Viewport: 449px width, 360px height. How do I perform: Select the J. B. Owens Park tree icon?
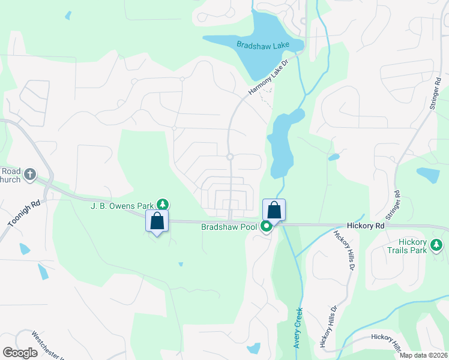[162, 205]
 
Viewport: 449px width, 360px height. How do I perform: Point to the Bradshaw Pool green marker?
[266, 227]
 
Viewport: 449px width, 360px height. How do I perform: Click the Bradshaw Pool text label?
[229, 227]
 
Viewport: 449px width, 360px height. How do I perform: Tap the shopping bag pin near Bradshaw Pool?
[274, 210]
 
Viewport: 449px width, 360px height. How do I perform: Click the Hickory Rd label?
[365, 226]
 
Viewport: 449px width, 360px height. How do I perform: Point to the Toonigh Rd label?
[24, 214]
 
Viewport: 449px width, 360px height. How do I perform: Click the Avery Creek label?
[298, 328]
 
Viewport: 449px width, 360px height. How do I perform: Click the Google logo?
[20, 353]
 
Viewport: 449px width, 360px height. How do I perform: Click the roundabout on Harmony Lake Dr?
[230, 157]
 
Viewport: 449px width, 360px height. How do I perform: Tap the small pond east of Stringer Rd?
[429, 175]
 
